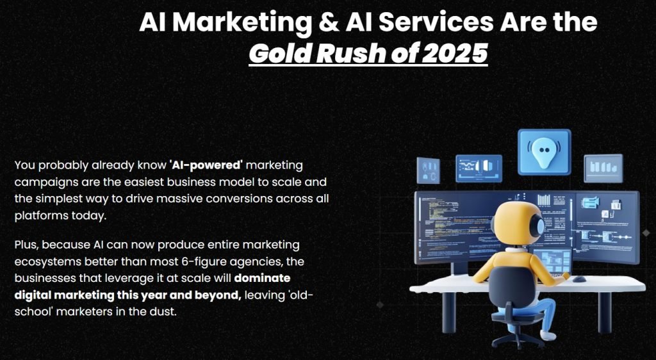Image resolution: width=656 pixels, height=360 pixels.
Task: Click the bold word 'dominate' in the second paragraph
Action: (262, 278)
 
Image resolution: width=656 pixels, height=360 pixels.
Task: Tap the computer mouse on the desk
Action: (578, 279)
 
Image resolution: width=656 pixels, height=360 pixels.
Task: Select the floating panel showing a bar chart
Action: (603, 168)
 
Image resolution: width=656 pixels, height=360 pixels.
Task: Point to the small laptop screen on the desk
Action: (552, 259)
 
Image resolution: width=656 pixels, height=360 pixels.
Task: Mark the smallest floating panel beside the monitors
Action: (428, 170)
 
